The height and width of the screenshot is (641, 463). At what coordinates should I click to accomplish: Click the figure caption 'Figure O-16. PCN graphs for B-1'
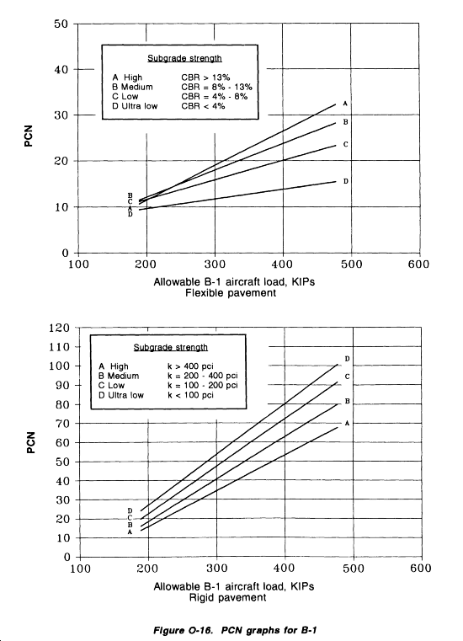(x=235, y=629)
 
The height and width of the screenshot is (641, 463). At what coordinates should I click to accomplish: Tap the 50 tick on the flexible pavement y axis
(x=61, y=24)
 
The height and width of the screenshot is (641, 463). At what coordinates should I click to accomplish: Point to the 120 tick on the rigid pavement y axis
(x=59, y=328)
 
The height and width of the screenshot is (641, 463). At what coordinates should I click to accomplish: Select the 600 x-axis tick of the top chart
(x=418, y=264)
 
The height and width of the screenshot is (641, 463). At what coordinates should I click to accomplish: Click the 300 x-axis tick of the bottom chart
(x=216, y=569)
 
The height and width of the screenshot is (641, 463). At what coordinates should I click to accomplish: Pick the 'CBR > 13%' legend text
(x=205, y=77)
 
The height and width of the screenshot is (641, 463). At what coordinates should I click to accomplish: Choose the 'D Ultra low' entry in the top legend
(x=135, y=106)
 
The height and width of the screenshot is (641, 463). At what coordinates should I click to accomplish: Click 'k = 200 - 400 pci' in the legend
(x=203, y=376)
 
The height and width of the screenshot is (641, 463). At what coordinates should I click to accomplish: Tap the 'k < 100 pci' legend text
(x=190, y=395)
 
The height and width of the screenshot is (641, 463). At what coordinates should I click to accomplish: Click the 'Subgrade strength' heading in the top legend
(x=184, y=58)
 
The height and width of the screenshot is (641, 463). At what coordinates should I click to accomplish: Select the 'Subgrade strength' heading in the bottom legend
(x=170, y=347)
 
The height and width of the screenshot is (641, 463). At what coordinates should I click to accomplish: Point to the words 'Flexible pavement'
(x=231, y=292)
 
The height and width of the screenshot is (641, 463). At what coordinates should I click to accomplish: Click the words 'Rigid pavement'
(x=227, y=598)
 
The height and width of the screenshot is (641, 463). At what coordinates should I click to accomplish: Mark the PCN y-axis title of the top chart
(x=28, y=136)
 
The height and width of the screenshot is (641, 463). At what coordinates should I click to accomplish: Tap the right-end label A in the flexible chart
(x=345, y=104)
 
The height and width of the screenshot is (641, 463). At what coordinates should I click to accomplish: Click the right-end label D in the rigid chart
(x=347, y=359)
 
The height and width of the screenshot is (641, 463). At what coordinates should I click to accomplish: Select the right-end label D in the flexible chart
(x=346, y=181)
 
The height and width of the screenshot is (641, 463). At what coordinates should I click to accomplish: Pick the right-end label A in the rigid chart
(x=347, y=423)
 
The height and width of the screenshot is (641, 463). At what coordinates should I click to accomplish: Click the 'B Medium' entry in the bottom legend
(x=119, y=376)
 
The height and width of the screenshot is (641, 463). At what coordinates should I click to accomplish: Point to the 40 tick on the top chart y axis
(x=61, y=70)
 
